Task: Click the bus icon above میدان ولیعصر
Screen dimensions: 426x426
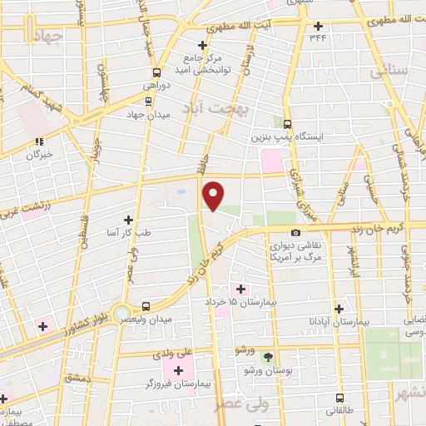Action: click(x=146, y=305)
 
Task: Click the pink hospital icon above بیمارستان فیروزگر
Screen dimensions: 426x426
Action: click(x=178, y=368)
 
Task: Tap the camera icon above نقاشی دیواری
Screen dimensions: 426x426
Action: click(x=295, y=233)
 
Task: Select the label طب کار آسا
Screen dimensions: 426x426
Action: click(x=128, y=232)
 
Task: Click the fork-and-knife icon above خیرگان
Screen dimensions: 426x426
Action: click(x=39, y=142)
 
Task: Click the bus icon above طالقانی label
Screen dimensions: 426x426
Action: click(x=339, y=398)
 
